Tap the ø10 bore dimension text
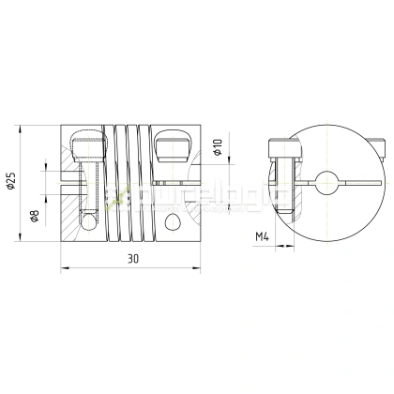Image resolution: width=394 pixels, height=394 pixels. (x=217, y=147)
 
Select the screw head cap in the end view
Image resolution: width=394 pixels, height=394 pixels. (x=278, y=146)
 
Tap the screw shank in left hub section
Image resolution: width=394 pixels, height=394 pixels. (x=85, y=183)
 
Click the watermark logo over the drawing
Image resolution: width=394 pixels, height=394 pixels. (x=155, y=194)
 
